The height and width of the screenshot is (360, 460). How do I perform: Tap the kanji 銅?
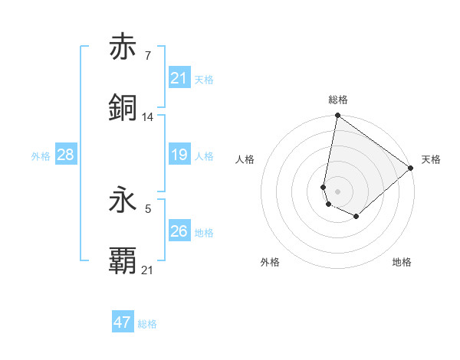pyautogui.click(x=123, y=108)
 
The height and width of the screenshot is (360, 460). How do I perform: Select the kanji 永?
pyautogui.click(x=123, y=200)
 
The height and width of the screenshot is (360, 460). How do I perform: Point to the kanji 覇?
pyautogui.click(x=123, y=261)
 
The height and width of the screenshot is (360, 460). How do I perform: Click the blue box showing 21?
pyautogui.click(x=179, y=78)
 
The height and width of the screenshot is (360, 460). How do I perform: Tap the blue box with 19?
pyautogui.click(x=179, y=155)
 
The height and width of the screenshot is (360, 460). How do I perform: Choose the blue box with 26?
pyautogui.click(x=179, y=231)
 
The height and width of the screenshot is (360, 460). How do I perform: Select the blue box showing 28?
pyautogui.click(x=66, y=155)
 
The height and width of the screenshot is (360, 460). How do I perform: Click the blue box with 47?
pyautogui.click(x=123, y=322)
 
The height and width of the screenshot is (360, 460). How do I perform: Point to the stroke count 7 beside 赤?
pyautogui.click(x=147, y=55)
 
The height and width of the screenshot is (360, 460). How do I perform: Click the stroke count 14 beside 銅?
pyautogui.click(x=148, y=116)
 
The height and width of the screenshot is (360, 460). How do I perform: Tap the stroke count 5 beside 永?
pyautogui.click(x=147, y=208)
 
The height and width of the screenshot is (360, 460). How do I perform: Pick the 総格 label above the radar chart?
pyautogui.click(x=338, y=100)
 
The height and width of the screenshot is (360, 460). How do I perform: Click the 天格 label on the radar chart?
pyautogui.click(x=431, y=159)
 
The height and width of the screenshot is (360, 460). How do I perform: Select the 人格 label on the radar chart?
pyautogui.click(x=246, y=159)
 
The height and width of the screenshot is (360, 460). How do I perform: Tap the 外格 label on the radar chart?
pyautogui.click(x=270, y=263)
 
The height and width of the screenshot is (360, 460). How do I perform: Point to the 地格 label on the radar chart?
pyautogui.click(x=402, y=263)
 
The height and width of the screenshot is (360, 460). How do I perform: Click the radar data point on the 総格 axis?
pyautogui.click(x=337, y=116)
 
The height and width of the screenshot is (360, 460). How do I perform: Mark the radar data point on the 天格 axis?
pyautogui.click(x=412, y=168)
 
